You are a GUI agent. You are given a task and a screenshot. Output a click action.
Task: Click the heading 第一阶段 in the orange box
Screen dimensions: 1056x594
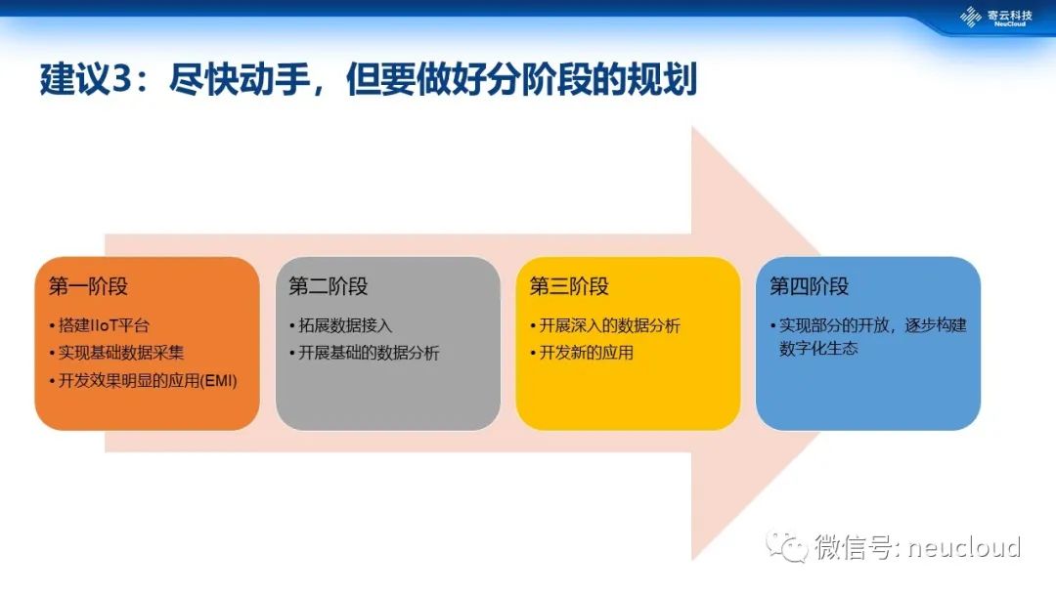88,286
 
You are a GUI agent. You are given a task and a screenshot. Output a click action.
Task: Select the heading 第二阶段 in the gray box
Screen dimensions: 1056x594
329,286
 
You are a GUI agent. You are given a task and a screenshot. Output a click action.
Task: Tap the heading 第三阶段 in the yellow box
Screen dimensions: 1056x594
569,286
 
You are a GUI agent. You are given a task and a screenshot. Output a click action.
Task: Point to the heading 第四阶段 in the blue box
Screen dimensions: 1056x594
810,286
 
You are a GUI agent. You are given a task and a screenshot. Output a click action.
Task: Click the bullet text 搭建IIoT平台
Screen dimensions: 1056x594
104,325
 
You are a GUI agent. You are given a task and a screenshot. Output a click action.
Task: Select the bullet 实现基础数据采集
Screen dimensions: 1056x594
121,353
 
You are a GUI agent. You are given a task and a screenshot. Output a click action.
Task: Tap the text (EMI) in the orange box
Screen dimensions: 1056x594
219,381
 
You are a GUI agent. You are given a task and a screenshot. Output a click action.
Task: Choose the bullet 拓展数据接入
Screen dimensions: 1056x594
345,325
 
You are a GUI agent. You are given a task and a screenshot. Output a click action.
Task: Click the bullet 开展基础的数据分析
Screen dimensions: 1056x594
369,353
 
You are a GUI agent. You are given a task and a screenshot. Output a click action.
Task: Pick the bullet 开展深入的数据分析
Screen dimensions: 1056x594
609,325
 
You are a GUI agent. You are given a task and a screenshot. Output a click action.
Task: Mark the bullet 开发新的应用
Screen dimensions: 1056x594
586,353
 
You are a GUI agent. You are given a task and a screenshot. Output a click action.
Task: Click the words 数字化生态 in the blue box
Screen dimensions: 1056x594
818,349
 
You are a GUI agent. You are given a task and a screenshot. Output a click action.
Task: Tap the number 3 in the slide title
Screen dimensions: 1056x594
121,79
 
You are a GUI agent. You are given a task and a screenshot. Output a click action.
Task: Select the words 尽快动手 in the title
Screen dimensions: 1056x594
240,79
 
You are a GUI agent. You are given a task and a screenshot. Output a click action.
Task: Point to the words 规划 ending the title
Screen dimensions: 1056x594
662,79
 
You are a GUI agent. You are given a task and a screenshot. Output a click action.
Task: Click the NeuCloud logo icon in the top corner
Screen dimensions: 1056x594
971,17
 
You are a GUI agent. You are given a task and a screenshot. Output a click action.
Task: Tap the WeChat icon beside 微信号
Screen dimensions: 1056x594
786,545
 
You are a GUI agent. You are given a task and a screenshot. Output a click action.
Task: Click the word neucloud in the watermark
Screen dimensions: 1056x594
964,547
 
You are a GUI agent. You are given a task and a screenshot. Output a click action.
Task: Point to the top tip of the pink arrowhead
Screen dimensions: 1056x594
692,126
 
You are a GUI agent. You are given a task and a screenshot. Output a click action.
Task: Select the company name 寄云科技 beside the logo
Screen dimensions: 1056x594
1009,15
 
